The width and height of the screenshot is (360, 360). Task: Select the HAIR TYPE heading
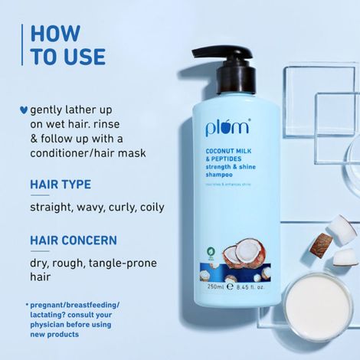click(60, 185)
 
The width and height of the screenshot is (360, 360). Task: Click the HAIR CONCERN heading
click(73, 241)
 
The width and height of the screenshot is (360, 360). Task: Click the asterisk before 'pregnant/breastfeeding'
click(28, 305)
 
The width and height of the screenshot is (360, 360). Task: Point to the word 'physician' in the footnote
click(51, 324)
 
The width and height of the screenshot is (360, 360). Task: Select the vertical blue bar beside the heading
click(20, 46)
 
